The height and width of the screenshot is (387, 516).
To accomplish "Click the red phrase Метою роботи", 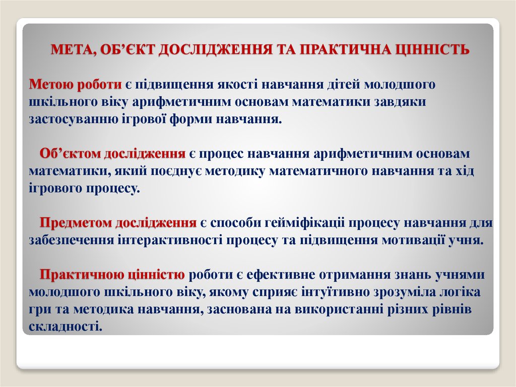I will point(75,84).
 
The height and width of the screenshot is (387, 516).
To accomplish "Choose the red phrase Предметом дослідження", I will point(118,223).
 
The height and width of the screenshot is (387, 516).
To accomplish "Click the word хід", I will point(462,171).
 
